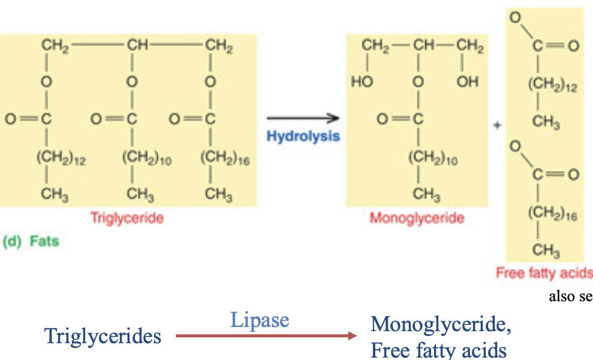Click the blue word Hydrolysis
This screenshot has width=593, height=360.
point(303,136)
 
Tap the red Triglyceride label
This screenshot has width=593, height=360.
point(127,218)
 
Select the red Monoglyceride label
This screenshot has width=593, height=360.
point(417,218)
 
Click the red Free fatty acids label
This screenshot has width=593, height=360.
point(544,272)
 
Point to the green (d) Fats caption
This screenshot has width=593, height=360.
point(31,242)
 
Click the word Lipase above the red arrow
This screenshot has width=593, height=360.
point(260,320)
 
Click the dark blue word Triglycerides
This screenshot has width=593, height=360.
point(103,336)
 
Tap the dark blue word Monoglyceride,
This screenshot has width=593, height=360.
point(441,325)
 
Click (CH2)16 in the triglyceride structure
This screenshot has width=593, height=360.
point(225,160)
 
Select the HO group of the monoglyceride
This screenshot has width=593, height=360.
point(362,82)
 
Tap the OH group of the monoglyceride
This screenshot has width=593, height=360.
point(468,82)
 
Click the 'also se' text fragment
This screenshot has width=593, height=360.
point(570,296)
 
